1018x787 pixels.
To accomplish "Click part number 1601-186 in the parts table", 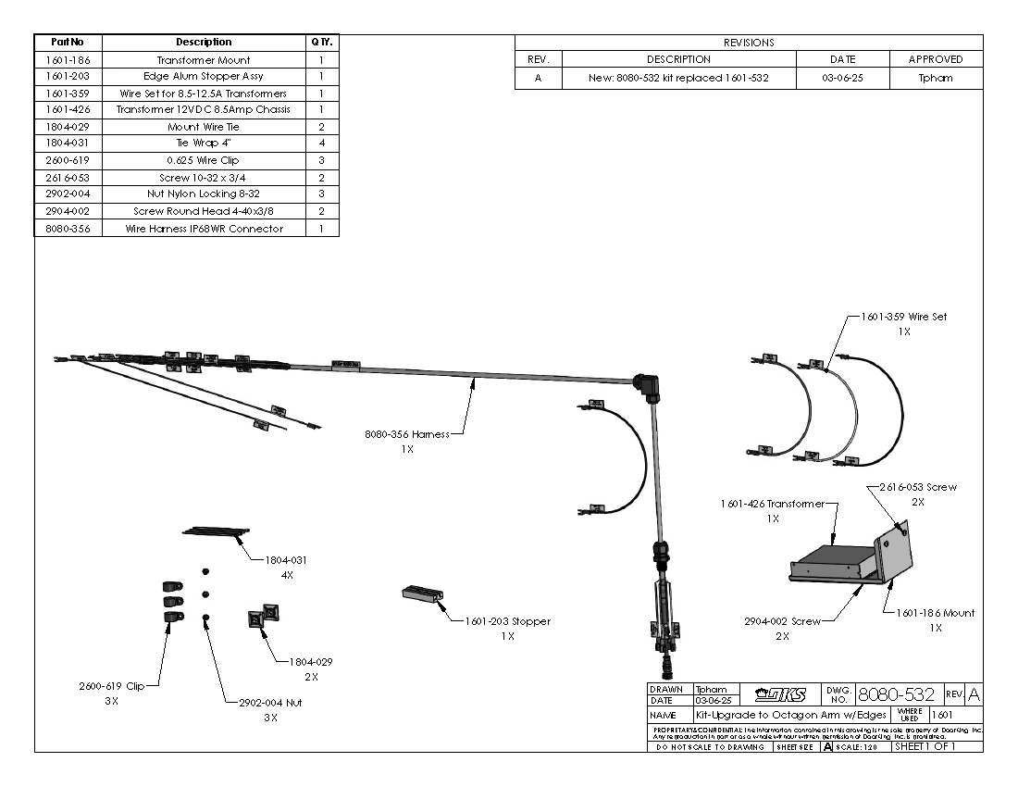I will [x=68, y=59].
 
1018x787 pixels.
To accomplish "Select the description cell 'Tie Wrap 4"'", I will [x=204, y=144].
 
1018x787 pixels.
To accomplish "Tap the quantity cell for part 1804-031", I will [x=321, y=144].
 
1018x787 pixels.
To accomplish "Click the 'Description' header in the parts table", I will [x=204, y=43].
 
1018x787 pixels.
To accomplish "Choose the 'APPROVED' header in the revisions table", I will [x=935, y=59].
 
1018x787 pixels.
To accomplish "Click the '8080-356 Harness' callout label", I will [x=406, y=433].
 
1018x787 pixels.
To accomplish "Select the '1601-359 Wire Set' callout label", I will [x=903, y=317].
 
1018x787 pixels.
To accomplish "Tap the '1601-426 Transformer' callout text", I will [x=772, y=504].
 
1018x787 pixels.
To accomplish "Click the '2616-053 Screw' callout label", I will [x=916, y=487].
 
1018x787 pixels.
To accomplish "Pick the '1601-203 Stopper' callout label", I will [x=507, y=621].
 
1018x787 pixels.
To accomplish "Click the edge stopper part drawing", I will [x=422, y=594].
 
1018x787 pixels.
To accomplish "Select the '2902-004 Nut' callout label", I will [x=270, y=703].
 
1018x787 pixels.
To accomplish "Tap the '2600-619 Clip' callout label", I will [x=112, y=687].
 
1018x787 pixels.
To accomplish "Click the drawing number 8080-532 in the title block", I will [x=896, y=694].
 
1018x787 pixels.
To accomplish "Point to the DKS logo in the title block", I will [x=779, y=694].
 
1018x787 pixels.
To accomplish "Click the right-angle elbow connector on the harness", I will [x=645, y=383].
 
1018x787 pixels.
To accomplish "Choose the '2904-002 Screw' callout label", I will [x=782, y=622].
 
